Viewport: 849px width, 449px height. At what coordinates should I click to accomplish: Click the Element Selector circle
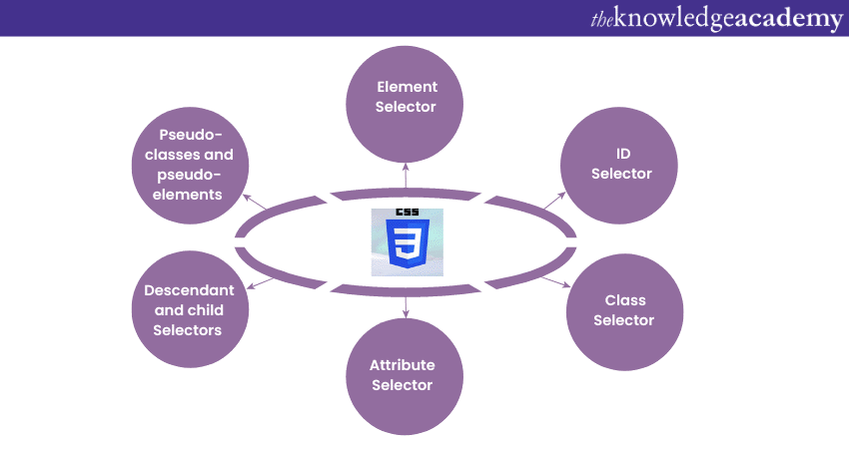click(406, 97)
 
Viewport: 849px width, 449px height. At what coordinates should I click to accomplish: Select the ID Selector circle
click(621, 164)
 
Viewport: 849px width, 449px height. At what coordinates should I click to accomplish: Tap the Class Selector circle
click(624, 309)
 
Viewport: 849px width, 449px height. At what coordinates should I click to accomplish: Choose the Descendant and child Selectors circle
click(189, 309)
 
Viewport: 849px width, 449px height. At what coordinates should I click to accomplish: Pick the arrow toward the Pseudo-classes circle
click(256, 201)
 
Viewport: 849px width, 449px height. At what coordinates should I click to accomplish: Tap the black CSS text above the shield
click(408, 213)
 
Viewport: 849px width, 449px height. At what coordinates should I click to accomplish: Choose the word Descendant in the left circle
click(189, 290)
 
